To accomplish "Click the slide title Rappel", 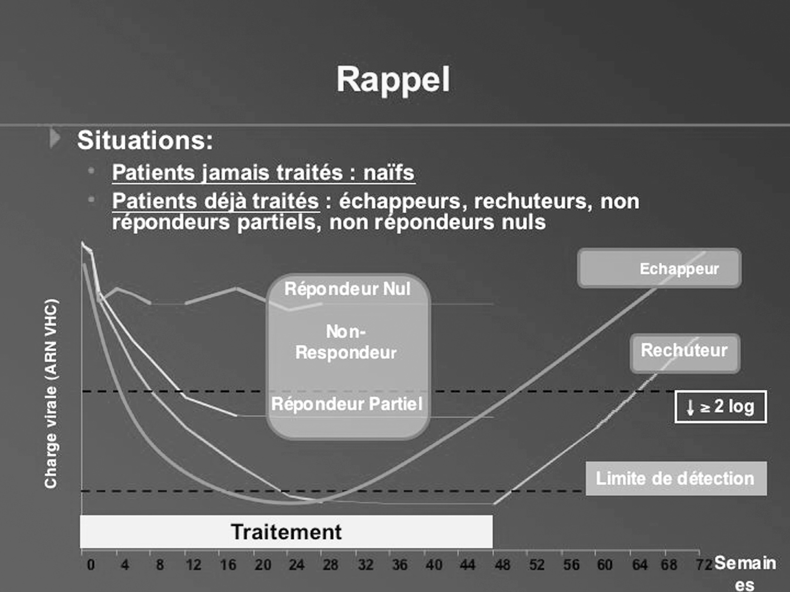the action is coord(393,80).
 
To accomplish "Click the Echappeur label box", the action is coord(659,268).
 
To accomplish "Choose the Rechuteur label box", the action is coord(685,353).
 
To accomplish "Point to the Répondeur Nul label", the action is coord(347,288).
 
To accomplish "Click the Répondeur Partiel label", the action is coord(347,404).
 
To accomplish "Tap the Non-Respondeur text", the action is coord(346,342).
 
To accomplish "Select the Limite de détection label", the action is coord(676,478).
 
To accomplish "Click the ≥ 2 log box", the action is coord(720,407).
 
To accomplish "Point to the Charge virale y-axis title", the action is coord(51,393).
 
